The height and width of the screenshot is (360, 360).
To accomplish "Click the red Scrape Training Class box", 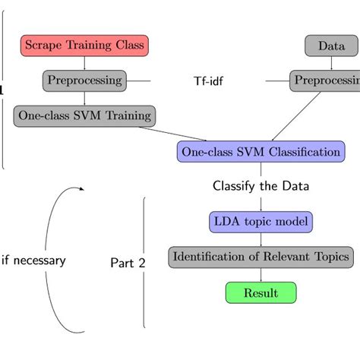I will (x=84, y=45).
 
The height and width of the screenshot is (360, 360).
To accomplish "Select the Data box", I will (x=331, y=46).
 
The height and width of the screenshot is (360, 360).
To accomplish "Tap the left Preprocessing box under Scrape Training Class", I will (x=84, y=81).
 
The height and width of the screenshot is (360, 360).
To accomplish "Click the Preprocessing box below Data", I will (x=325, y=81).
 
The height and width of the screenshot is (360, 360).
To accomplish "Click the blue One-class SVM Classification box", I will (x=261, y=151).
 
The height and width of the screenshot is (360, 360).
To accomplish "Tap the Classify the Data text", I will (x=261, y=185).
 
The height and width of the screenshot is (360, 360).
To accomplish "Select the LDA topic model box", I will (x=261, y=222).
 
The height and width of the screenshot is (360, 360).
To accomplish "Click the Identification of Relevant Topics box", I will (x=261, y=257).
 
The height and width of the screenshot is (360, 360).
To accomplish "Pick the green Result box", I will (x=261, y=292).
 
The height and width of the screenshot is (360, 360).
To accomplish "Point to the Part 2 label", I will (x=127, y=263).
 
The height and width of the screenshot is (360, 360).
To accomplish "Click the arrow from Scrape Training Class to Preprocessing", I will (x=84, y=63).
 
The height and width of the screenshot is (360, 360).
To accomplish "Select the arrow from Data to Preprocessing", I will (x=331, y=63).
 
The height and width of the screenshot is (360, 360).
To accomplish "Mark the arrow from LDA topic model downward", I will (x=261, y=239).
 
